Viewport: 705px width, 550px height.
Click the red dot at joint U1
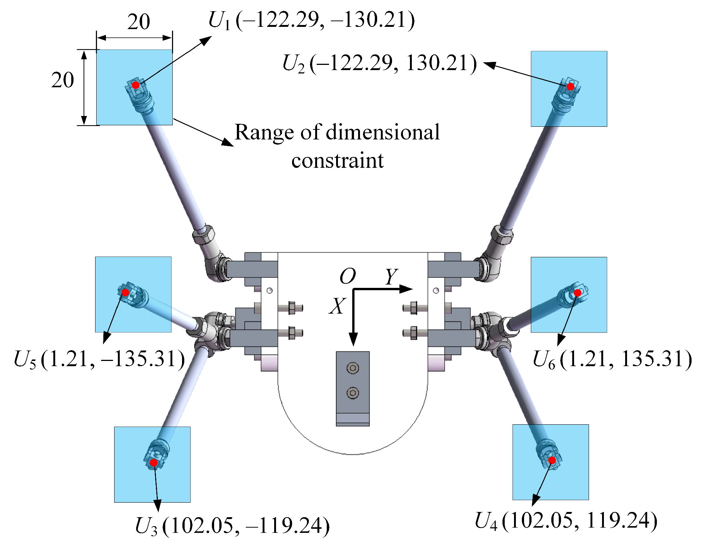136,85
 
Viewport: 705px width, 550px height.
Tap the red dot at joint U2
570,87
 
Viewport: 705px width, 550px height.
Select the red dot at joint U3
154,463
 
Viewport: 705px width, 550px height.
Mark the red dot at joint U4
552,461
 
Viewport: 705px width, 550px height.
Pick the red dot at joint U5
125,292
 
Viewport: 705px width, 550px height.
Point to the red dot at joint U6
577,293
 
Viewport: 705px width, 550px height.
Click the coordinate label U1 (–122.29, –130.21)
311,20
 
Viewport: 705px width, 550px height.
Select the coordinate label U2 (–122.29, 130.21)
379,63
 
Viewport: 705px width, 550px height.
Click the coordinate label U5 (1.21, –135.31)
99,359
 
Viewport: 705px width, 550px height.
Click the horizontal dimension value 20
138,22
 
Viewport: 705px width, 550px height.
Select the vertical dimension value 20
63,80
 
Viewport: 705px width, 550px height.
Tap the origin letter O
348,276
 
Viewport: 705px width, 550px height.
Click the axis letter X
338,306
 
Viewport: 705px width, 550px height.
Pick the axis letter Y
391,276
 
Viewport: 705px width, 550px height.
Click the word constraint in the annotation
338,161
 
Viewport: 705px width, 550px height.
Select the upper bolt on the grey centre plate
353,368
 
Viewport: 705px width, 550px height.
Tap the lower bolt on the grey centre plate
353,393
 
